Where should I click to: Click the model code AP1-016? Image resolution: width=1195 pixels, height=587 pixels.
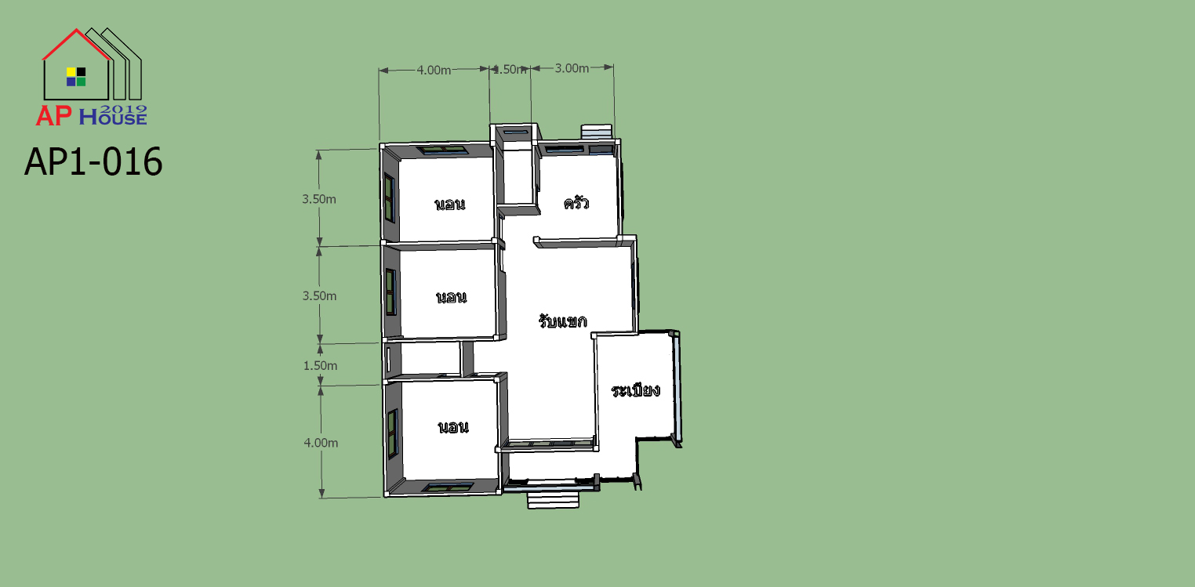pos(93,161)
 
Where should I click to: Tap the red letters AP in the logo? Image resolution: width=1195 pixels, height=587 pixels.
pos(53,116)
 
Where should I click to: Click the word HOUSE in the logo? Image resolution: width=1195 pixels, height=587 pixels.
pos(113,117)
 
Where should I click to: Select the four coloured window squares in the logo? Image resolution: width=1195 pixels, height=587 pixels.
pos(76,77)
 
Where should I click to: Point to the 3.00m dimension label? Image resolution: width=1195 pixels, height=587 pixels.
pos(572,68)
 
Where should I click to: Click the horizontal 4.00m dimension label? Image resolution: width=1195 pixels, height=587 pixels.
pos(434,71)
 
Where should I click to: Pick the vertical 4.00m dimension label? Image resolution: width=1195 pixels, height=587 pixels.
pos(321,443)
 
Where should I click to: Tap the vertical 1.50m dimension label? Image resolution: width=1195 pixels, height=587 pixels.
pos(320,366)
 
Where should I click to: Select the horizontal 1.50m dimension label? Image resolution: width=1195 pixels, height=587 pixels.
pos(510,69)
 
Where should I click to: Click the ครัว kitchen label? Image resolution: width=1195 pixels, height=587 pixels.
pos(576,203)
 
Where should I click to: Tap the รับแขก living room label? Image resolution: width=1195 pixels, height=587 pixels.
pos(562,321)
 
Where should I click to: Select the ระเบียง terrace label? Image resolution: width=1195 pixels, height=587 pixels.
pos(635,390)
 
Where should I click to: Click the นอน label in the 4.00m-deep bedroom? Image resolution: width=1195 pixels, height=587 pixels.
pos(453,427)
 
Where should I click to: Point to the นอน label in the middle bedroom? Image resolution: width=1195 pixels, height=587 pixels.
pos(452,297)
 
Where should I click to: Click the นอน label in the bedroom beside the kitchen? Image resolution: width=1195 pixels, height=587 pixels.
pos(450,204)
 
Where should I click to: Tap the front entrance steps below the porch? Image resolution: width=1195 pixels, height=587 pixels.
pos(554,499)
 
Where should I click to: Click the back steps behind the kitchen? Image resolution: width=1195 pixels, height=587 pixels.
pos(597,132)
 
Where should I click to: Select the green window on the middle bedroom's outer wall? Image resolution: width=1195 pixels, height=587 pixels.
pos(391,292)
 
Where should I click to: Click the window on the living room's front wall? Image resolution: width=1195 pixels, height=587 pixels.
pos(549,443)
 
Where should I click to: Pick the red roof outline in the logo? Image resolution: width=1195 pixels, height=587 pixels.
pos(76,44)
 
